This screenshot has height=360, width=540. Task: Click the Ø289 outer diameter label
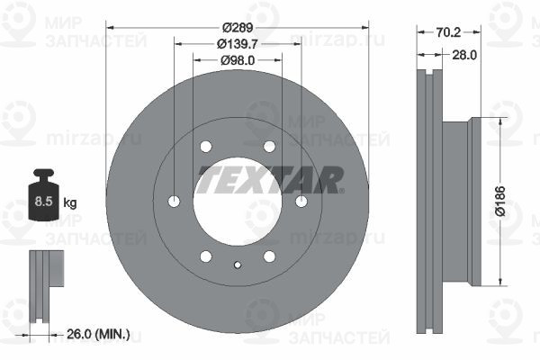[x=238, y=28]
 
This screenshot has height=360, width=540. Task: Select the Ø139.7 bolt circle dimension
[x=238, y=44]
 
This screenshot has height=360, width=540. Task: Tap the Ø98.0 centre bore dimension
[x=238, y=60]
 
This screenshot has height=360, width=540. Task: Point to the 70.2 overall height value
[x=448, y=32]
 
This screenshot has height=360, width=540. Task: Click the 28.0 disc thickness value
[x=464, y=55]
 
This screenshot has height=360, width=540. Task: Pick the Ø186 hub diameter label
[x=500, y=202]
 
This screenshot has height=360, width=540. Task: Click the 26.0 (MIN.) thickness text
[x=98, y=334]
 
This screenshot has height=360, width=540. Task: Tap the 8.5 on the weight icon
[x=43, y=201]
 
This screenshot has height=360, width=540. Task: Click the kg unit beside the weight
[x=70, y=202]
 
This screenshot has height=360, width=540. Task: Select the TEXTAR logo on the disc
[x=270, y=179]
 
